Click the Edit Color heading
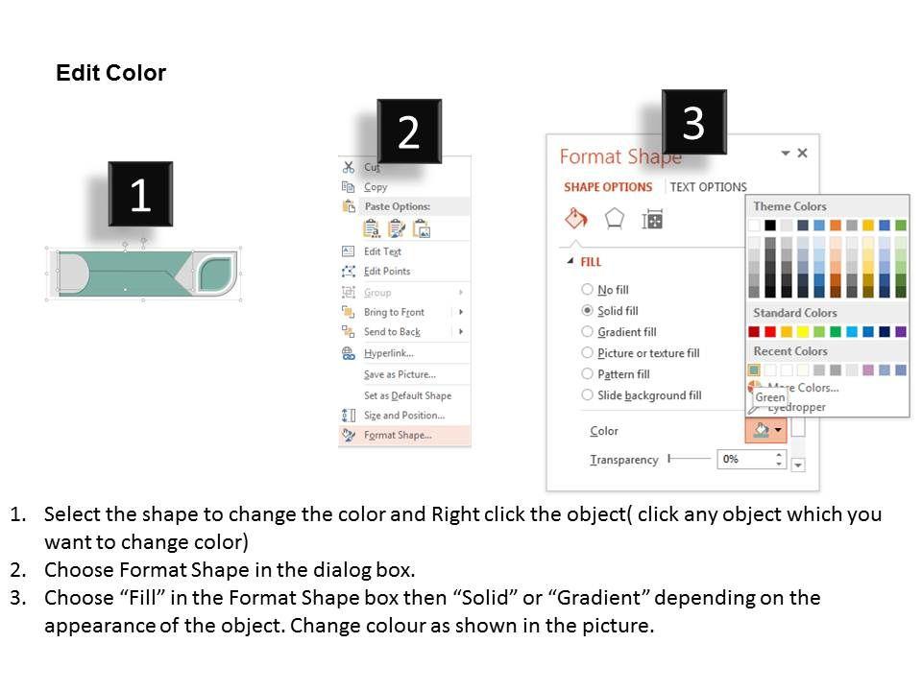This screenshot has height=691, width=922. pos(111,73)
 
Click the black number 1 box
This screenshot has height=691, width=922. pos(140,194)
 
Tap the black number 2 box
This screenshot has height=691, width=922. pos(409,131)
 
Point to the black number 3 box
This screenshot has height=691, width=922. pos(693,122)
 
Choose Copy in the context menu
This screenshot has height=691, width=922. pos(376,187)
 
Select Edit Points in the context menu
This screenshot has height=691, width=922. pos(387,271)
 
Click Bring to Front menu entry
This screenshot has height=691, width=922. pos(394,312)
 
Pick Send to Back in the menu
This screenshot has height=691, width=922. pos(392,331)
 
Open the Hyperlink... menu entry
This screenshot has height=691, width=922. pos(389,352)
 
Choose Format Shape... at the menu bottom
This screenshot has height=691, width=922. pos(398,435)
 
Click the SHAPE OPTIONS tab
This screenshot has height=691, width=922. pos(608,187)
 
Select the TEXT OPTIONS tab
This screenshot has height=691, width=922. pos(708,187)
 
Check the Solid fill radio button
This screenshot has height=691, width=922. pos(587,310)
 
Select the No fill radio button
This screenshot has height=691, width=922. pos(587,289)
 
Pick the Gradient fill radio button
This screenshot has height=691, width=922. pos(587,331)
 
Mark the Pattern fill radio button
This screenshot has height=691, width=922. pos(587,373)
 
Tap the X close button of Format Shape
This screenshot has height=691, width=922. pos(802,153)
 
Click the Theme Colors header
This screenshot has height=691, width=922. pos(789,206)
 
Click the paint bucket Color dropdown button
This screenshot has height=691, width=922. pos(766,430)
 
